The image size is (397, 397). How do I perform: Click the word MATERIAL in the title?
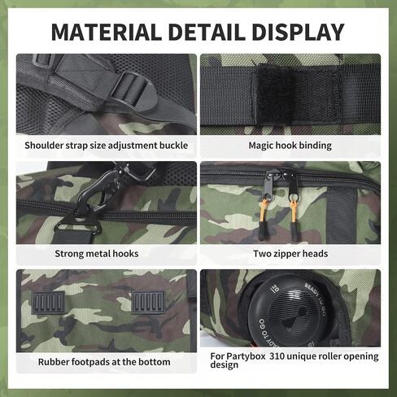tap(106, 32)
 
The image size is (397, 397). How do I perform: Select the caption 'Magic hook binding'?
tap(290, 146)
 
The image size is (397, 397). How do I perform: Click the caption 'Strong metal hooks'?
tap(97, 254)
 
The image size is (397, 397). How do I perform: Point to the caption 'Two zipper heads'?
tap(290, 254)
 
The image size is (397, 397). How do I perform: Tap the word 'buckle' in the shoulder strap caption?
tap(173, 146)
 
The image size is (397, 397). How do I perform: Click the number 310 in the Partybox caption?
tap(277, 356)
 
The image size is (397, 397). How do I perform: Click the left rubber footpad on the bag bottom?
tap(49, 303)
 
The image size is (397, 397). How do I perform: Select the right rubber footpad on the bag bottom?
tap(149, 303)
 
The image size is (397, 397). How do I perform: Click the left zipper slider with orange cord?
tap(265, 205)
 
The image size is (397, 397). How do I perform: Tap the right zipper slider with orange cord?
tap(293, 206)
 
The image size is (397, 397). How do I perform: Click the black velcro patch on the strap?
tap(295, 95)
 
